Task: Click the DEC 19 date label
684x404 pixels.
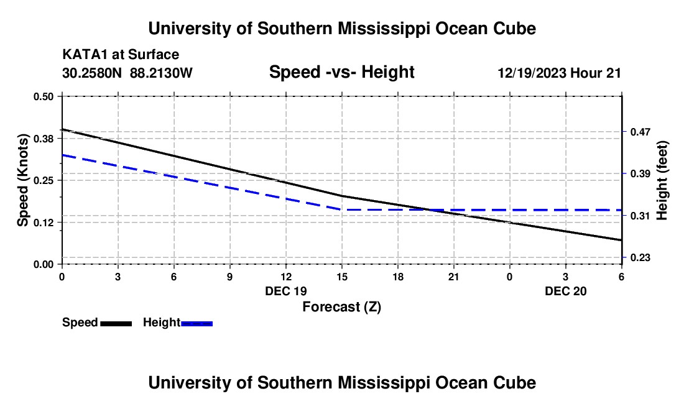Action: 286,291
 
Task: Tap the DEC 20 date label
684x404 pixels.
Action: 566,291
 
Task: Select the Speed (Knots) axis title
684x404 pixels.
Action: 23,180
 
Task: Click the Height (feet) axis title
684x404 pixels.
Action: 662,180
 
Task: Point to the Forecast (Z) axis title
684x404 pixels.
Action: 341,306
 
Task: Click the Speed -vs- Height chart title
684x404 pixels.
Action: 341,72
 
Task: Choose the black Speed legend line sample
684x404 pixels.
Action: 116,323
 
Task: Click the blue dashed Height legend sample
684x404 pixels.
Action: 197,323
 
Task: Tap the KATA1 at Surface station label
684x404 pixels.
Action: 121,55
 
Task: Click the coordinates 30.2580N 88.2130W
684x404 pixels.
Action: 127,73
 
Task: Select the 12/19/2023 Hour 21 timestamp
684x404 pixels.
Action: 559,73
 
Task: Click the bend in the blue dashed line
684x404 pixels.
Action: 341,209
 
